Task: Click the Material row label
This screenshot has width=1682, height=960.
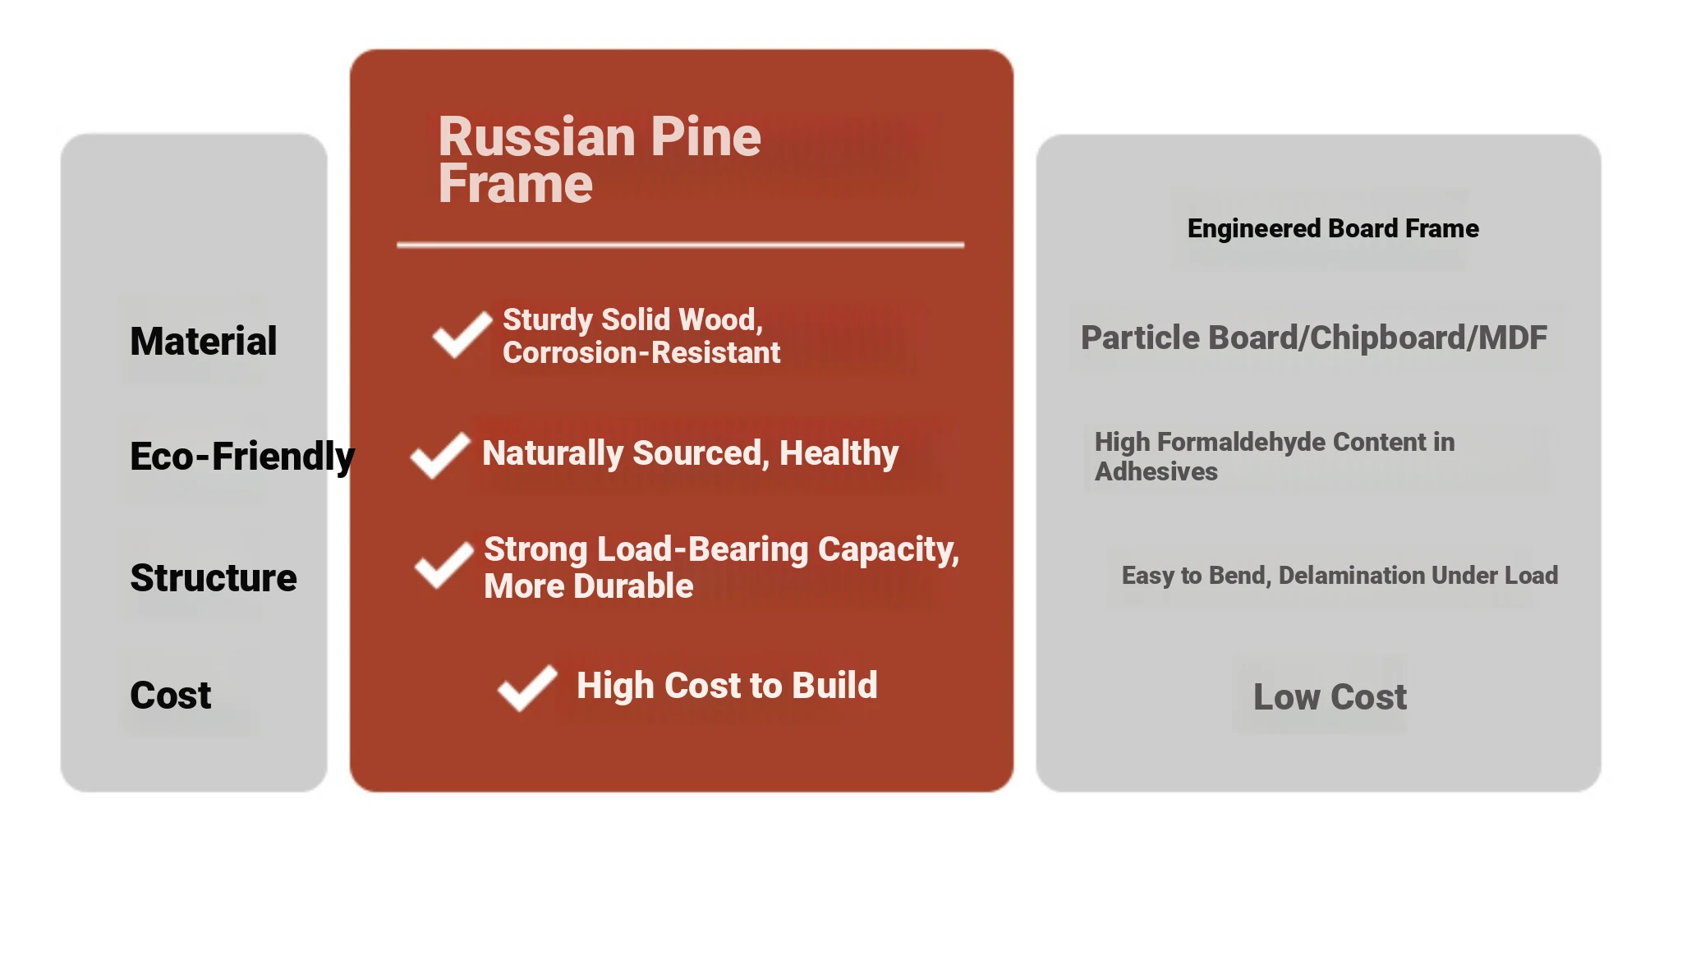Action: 204,341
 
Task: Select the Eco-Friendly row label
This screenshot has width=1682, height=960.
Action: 242,457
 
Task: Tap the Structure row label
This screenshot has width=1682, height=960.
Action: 214,577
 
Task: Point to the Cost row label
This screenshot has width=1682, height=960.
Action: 171,695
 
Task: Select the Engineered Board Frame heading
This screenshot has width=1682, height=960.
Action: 1333,228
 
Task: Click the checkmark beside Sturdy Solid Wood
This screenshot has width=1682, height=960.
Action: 462,334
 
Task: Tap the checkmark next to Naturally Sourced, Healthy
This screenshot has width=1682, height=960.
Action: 441,455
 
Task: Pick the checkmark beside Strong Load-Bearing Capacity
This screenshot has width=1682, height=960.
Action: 444,565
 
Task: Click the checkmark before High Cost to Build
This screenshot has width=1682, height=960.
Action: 527,687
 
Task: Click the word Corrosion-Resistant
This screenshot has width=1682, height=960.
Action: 641,352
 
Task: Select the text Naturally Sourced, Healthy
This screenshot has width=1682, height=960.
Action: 690,453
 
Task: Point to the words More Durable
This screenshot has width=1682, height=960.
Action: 589,586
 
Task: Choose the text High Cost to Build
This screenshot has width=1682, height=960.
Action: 727,686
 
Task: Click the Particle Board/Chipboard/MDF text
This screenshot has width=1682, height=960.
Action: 1314,338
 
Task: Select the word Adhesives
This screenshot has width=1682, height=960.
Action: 1156,471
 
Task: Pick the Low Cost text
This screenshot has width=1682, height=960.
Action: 1330,696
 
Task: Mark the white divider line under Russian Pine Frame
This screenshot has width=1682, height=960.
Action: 681,245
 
